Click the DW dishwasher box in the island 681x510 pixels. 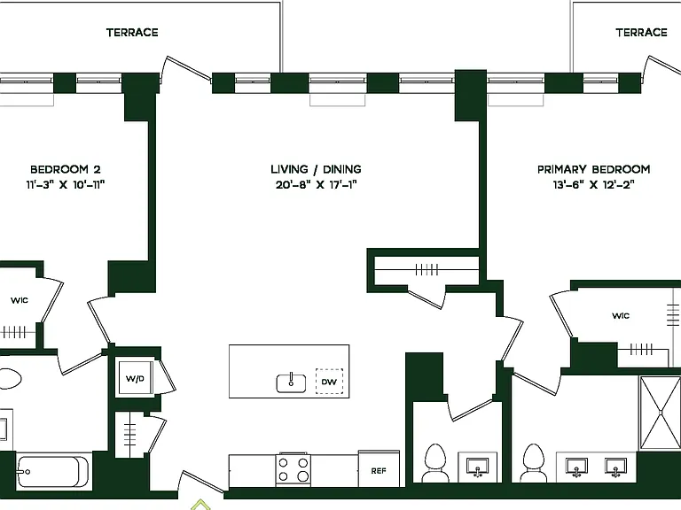[x=329, y=382]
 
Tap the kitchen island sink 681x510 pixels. [x=291, y=382]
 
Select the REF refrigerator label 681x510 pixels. [x=379, y=470]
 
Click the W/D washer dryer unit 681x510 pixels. [x=135, y=378]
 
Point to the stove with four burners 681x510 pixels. [x=294, y=469]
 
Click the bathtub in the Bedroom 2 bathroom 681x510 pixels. [x=53, y=472]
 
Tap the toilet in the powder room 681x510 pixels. [x=435, y=462]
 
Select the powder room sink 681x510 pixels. [x=477, y=467]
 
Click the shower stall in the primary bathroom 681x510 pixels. [x=660, y=413]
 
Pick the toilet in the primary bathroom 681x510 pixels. [x=533, y=462]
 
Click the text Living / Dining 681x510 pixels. [x=316, y=169]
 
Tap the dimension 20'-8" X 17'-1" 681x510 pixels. [x=317, y=185]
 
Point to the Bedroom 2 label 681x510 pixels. [x=65, y=169]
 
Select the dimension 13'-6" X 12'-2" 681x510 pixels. [x=594, y=185]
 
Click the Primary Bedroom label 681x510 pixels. [x=594, y=169]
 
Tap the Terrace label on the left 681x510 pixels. [x=132, y=33]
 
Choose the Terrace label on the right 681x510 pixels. [x=641, y=33]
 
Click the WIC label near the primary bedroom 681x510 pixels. [x=621, y=316]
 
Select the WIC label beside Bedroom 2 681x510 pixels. [x=20, y=300]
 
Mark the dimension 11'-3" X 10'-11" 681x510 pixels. [x=65, y=185]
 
